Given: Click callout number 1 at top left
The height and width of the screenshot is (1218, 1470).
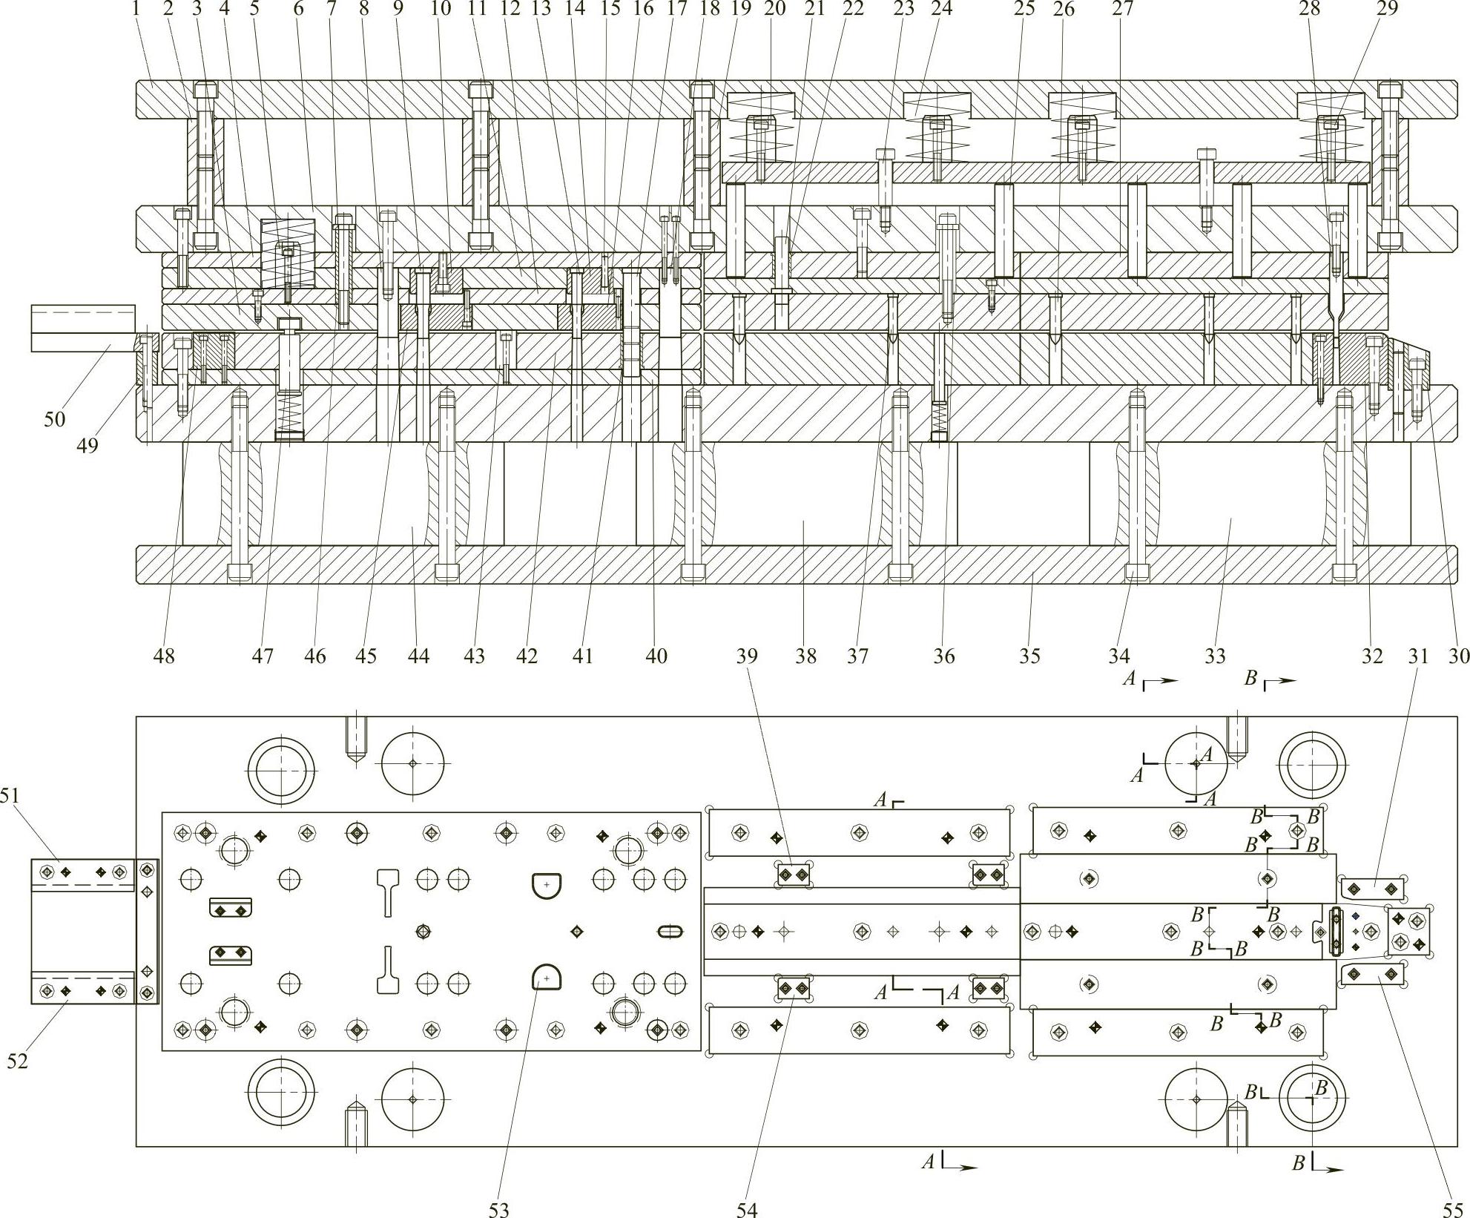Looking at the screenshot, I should tap(136, 9).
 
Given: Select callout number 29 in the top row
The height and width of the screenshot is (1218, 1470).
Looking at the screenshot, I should tap(1387, 9).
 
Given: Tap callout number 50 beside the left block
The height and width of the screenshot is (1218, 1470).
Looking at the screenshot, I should tap(54, 419).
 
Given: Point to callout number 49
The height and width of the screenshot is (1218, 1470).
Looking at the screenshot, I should tap(88, 446).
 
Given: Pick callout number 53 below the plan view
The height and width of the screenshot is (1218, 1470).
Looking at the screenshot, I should tap(499, 1209).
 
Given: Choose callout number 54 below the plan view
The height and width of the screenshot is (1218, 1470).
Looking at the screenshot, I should tap(747, 1209).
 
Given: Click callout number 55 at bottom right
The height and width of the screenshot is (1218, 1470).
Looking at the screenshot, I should tap(1451, 1209).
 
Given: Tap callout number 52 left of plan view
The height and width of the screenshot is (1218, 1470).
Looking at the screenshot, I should tap(17, 1061).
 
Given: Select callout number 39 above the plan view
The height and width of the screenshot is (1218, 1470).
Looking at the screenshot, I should tap(747, 656).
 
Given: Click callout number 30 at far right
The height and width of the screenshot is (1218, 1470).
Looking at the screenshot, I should tap(1459, 656).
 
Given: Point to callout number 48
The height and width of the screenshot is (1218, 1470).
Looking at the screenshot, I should tap(165, 656).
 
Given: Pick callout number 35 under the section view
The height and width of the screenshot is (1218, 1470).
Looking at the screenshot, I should tap(1029, 656).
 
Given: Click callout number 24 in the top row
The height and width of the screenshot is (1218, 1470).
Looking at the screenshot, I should tap(941, 9).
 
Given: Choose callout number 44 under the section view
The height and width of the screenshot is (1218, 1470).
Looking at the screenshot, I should tap(419, 656).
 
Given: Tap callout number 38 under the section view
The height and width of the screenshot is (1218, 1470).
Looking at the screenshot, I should tap(806, 656).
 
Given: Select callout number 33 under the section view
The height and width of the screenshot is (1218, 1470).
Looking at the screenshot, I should tap(1215, 656).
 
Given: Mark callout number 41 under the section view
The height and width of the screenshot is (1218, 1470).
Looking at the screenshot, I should tap(583, 656).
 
